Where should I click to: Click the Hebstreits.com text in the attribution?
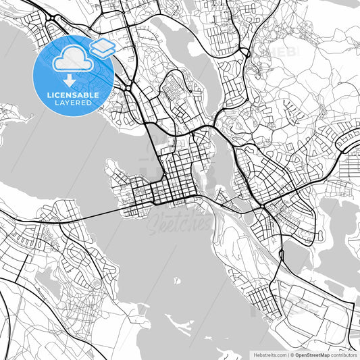tap(267, 354)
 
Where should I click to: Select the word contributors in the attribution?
tap(345, 354)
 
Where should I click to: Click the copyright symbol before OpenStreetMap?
tap(292, 354)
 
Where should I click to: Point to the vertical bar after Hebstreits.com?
tap(288, 354)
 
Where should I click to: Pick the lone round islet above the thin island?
tap(177, 279)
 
